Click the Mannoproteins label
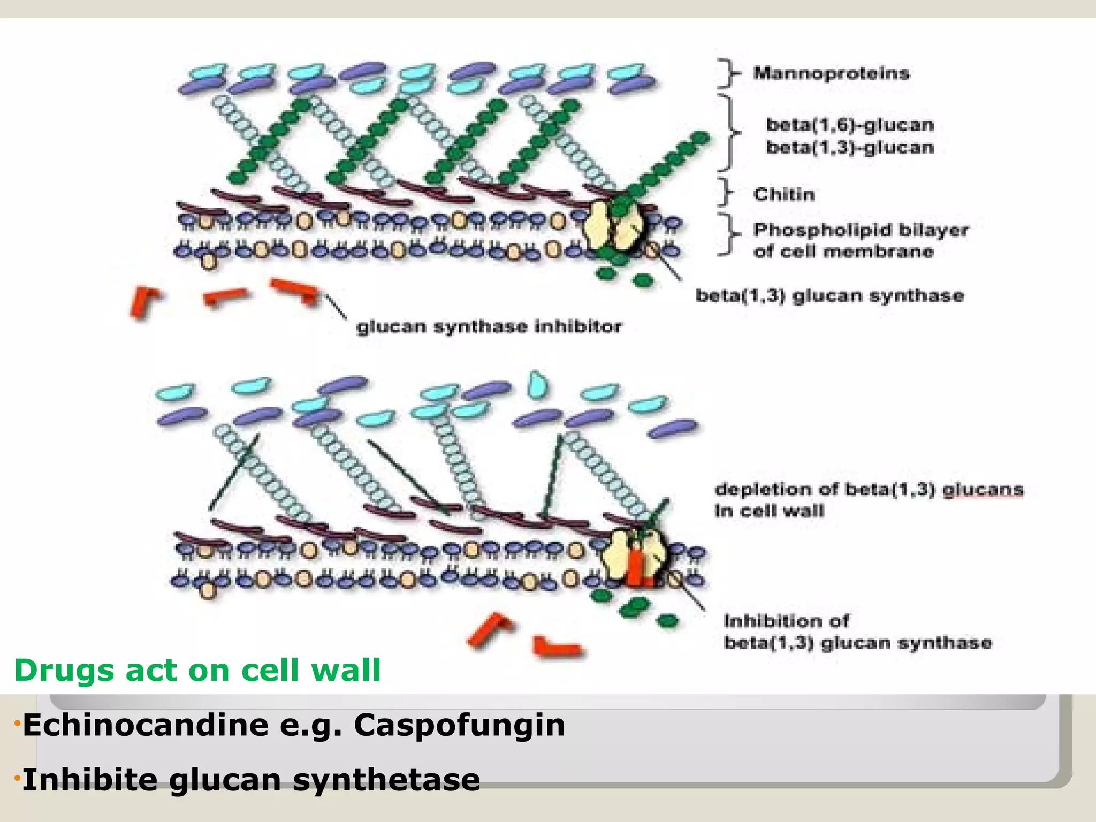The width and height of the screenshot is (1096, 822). [831, 73]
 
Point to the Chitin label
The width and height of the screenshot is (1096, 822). [784, 194]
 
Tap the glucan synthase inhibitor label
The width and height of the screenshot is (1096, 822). [489, 326]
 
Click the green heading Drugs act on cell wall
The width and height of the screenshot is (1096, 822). [197, 670]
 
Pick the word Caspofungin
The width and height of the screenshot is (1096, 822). [459, 726]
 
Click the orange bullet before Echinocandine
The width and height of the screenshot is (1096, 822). [17, 725]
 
